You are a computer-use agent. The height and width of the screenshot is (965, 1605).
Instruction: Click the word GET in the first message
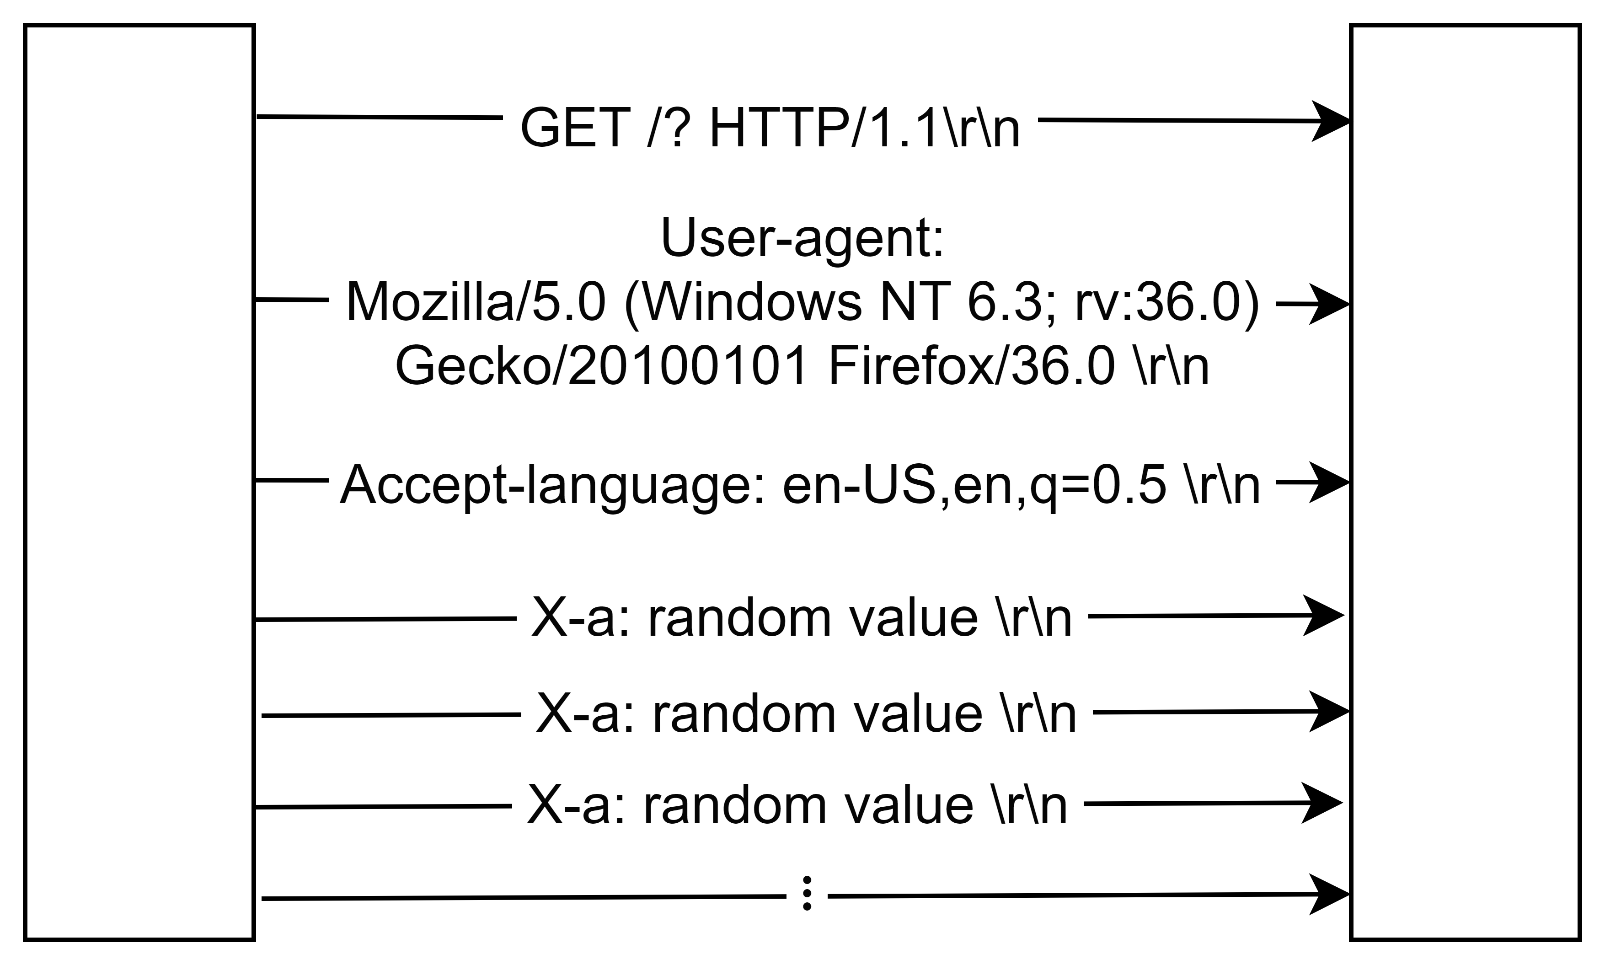pos(575,128)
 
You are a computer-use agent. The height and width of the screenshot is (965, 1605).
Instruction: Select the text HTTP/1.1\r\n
pos(865,128)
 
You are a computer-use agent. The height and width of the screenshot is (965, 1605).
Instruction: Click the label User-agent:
pos(802,238)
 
